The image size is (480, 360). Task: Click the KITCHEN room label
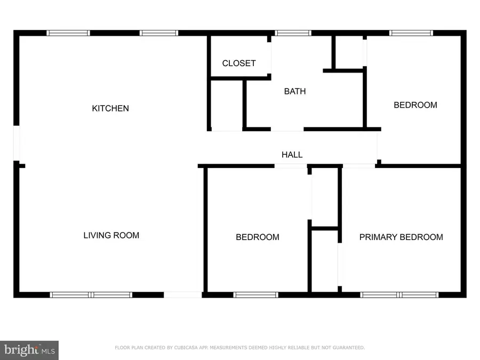click(110, 108)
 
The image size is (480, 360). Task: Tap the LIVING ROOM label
click(111, 235)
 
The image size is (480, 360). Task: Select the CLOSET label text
click(238, 63)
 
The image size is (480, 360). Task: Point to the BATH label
click(295, 91)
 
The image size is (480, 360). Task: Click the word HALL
click(292, 155)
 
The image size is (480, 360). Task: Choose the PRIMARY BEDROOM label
click(401, 237)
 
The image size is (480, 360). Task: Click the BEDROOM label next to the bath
click(415, 105)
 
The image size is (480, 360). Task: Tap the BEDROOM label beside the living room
click(257, 237)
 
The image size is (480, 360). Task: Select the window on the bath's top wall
click(293, 33)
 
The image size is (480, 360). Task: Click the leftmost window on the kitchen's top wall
click(68, 33)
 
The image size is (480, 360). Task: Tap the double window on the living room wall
click(91, 294)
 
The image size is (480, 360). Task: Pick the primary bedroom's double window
click(399, 294)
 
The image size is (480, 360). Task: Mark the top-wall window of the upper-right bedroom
click(411, 33)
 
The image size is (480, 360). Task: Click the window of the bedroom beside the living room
click(256, 294)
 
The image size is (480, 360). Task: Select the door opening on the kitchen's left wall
click(17, 143)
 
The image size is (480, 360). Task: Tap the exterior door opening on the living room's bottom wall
click(182, 294)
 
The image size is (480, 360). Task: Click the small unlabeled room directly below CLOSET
click(227, 104)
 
